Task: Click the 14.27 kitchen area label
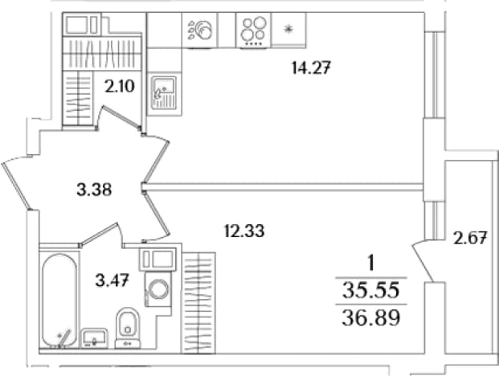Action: pyautogui.click(x=312, y=68)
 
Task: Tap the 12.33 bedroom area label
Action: pyautogui.click(x=244, y=231)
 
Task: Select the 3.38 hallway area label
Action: pyautogui.click(x=94, y=190)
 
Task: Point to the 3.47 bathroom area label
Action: pyautogui.click(x=112, y=281)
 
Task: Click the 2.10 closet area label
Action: pyautogui.click(x=120, y=86)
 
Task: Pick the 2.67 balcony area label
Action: pyautogui.click(x=470, y=239)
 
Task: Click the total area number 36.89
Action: pyautogui.click(x=370, y=318)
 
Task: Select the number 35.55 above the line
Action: pyautogui.click(x=370, y=290)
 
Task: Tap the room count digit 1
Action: pyautogui.click(x=370, y=264)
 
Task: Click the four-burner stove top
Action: pyautogui.click(x=253, y=31)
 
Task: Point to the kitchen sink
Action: pyautogui.click(x=164, y=93)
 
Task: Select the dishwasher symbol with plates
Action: pyautogui.click(x=200, y=31)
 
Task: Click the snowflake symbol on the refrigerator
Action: pyautogui.click(x=288, y=29)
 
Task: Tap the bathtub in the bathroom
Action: pyautogui.click(x=59, y=300)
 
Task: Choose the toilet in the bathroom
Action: pyautogui.click(x=128, y=327)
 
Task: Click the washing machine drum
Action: pyautogui.click(x=158, y=289)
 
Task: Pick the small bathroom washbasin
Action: pyautogui.click(x=94, y=337)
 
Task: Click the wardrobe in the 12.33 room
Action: pyautogui.click(x=198, y=303)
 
